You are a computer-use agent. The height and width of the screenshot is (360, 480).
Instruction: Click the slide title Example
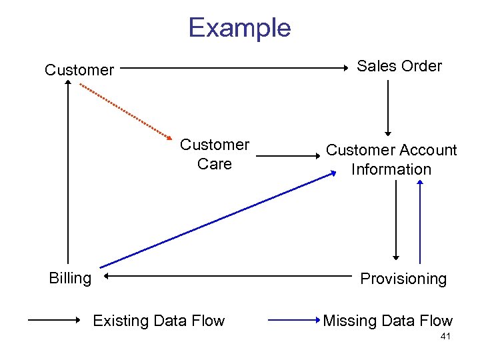239,28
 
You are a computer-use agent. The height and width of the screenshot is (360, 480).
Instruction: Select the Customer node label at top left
79,69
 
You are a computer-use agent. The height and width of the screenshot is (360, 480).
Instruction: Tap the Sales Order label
399,66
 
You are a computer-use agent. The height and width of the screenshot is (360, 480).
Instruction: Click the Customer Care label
215,154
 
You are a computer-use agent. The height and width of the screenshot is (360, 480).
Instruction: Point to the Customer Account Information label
391,159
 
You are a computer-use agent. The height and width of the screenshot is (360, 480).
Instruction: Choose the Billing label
70,278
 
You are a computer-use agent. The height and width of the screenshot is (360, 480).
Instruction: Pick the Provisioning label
403,279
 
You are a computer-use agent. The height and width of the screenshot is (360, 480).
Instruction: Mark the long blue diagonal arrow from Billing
213,220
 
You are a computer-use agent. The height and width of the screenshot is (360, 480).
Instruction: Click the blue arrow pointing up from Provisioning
420,220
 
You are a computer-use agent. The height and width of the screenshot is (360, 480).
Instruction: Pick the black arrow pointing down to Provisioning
396,220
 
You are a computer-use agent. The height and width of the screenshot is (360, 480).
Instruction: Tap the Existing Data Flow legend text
159,321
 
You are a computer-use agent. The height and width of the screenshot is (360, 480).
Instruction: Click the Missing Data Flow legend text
387,321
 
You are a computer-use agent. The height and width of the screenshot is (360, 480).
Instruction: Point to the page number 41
445,337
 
